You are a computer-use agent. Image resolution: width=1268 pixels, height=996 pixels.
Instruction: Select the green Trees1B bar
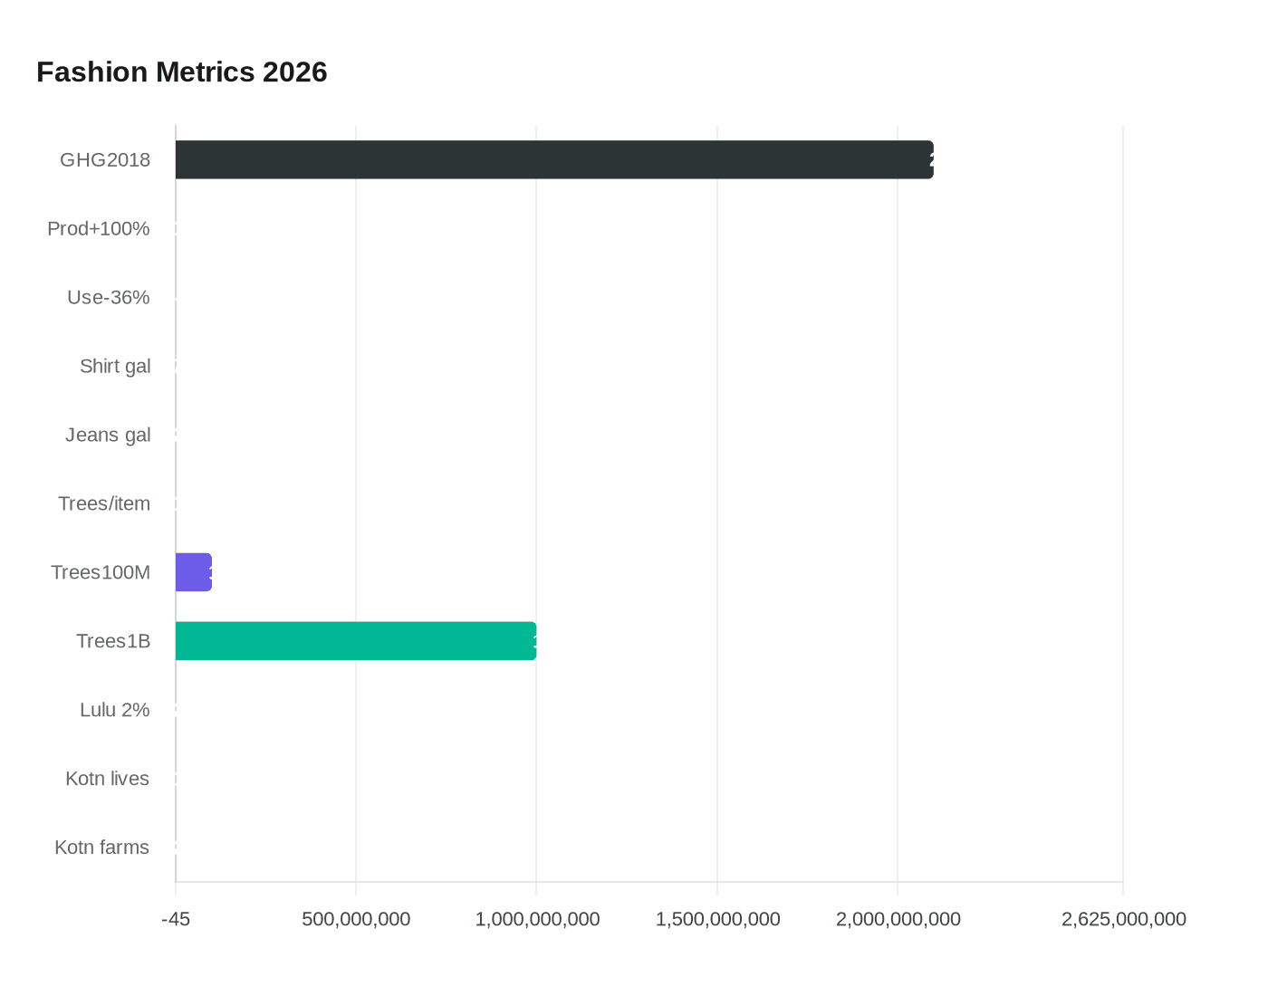click(356, 641)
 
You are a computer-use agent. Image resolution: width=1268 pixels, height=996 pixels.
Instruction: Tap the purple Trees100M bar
click(194, 572)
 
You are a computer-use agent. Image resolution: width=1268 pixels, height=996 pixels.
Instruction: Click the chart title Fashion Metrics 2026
click(182, 72)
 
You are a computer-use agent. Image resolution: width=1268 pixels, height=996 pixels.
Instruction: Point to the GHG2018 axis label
click(105, 160)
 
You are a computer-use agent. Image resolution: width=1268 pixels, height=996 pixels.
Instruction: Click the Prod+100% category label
click(99, 229)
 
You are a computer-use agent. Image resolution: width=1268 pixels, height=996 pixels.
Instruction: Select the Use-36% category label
click(109, 298)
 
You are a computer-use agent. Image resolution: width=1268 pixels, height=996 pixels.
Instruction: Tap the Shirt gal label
click(115, 367)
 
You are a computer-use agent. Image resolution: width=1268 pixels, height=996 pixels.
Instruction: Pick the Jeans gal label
click(108, 436)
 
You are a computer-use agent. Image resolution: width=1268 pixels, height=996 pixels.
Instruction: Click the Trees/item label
click(104, 504)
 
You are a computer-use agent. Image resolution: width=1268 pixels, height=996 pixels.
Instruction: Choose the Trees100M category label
click(101, 573)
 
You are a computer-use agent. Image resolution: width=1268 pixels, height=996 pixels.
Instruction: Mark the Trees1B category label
click(113, 642)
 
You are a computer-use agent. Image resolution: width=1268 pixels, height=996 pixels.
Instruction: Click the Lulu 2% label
click(115, 711)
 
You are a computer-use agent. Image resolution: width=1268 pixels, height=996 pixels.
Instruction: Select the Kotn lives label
click(108, 780)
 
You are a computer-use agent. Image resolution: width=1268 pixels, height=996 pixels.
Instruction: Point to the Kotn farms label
click(102, 848)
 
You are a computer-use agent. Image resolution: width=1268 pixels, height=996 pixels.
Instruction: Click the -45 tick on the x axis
click(176, 920)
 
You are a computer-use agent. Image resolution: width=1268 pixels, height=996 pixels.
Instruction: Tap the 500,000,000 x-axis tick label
click(356, 920)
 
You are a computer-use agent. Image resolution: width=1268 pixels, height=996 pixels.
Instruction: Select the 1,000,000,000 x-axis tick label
click(537, 920)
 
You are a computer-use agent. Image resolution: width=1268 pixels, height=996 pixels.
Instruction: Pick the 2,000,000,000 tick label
click(898, 920)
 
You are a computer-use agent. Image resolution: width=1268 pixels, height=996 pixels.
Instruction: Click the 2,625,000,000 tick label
click(1123, 920)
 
